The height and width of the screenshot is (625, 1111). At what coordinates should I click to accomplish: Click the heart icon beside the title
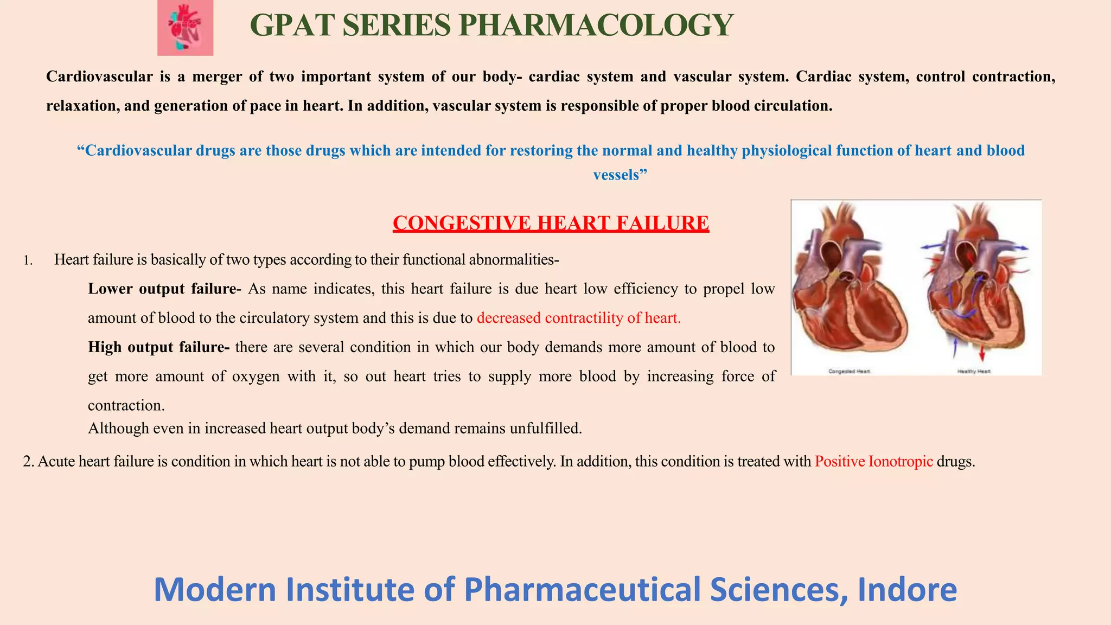click(x=185, y=28)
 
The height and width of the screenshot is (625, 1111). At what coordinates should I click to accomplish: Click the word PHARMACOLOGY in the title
click(x=596, y=25)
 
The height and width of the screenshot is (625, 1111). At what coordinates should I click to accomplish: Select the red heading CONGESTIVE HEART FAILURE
click(x=551, y=223)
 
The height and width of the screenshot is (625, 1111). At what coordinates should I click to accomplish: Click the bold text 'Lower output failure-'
click(x=164, y=289)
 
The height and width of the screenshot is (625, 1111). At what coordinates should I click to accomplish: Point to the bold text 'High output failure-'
click(x=158, y=347)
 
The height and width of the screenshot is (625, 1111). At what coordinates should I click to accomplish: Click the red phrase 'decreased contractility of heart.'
click(x=579, y=318)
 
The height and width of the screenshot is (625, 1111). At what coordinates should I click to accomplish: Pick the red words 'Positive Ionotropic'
click(x=873, y=462)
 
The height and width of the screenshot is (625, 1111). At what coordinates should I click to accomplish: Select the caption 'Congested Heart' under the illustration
click(x=849, y=371)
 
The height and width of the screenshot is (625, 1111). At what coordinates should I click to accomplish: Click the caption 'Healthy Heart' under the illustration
click(x=974, y=371)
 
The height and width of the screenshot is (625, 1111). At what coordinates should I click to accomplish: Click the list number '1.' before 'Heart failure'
click(x=28, y=261)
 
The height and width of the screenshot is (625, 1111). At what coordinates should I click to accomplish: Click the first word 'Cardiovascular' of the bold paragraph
click(x=99, y=76)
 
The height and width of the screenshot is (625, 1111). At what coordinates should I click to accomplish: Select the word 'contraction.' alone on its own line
click(x=126, y=405)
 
